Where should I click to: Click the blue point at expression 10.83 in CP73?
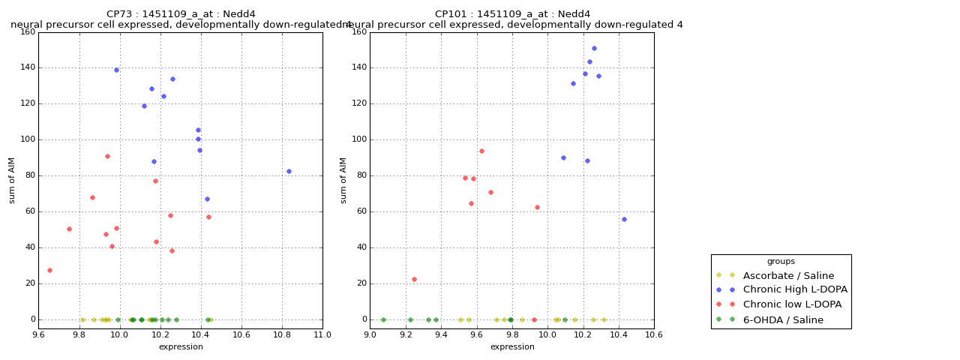(x=289, y=171)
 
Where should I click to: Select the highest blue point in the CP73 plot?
(x=116, y=70)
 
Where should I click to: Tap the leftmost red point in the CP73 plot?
(x=49, y=270)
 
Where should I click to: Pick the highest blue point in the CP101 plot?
(x=594, y=48)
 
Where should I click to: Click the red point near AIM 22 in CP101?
(x=414, y=279)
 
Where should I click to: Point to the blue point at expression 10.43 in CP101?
(x=624, y=219)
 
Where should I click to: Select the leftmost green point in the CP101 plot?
(x=383, y=319)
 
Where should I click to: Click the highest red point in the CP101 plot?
(x=481, y=151)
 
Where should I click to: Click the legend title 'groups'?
(x=781, y=261)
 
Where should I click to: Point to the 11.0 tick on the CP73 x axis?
(x=322, y=334)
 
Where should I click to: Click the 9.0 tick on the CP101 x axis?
(x=370, y=334)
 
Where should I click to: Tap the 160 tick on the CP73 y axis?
(x=27, y=31)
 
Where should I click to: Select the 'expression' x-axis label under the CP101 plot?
(x=512, y=346)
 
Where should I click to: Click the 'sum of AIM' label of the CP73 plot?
(x=12, y=180)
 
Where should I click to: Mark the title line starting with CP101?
(x=512, y=14)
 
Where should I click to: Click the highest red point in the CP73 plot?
(x=107, y=156)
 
